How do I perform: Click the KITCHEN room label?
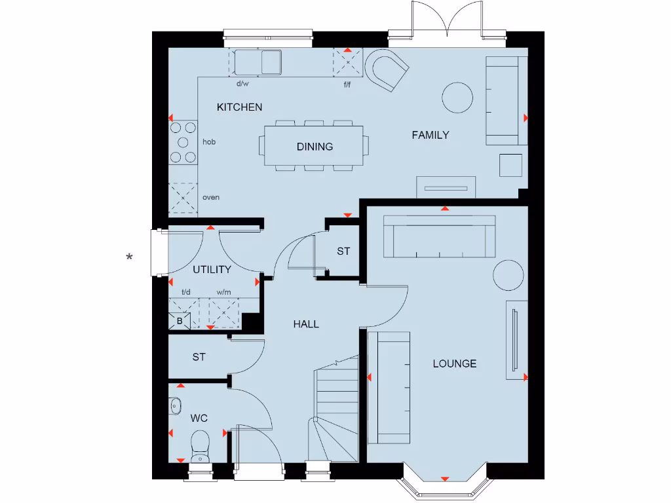tap(240, 107)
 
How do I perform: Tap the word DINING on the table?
tap(315, 147)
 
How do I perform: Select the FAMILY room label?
tap(431, 135)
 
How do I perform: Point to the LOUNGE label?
tap(454, 363)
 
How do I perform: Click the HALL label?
tap(306, 324)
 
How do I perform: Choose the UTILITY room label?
tap(212, 270)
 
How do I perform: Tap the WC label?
tap(199, 417)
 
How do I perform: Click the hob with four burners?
tap(183, 142)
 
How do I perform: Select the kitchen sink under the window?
tap(259, 63)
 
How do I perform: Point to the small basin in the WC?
tap(175, 407)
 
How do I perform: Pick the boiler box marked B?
tap(180, 321)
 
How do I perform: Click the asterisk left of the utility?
tap(130, 257)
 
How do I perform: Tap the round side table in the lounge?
tap(508, 275)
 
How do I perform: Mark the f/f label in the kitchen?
tap(347, 84)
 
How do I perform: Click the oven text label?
tap(211, 197)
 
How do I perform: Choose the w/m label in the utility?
tap(223, 293)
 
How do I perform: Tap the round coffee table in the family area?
tap(457, 98)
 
